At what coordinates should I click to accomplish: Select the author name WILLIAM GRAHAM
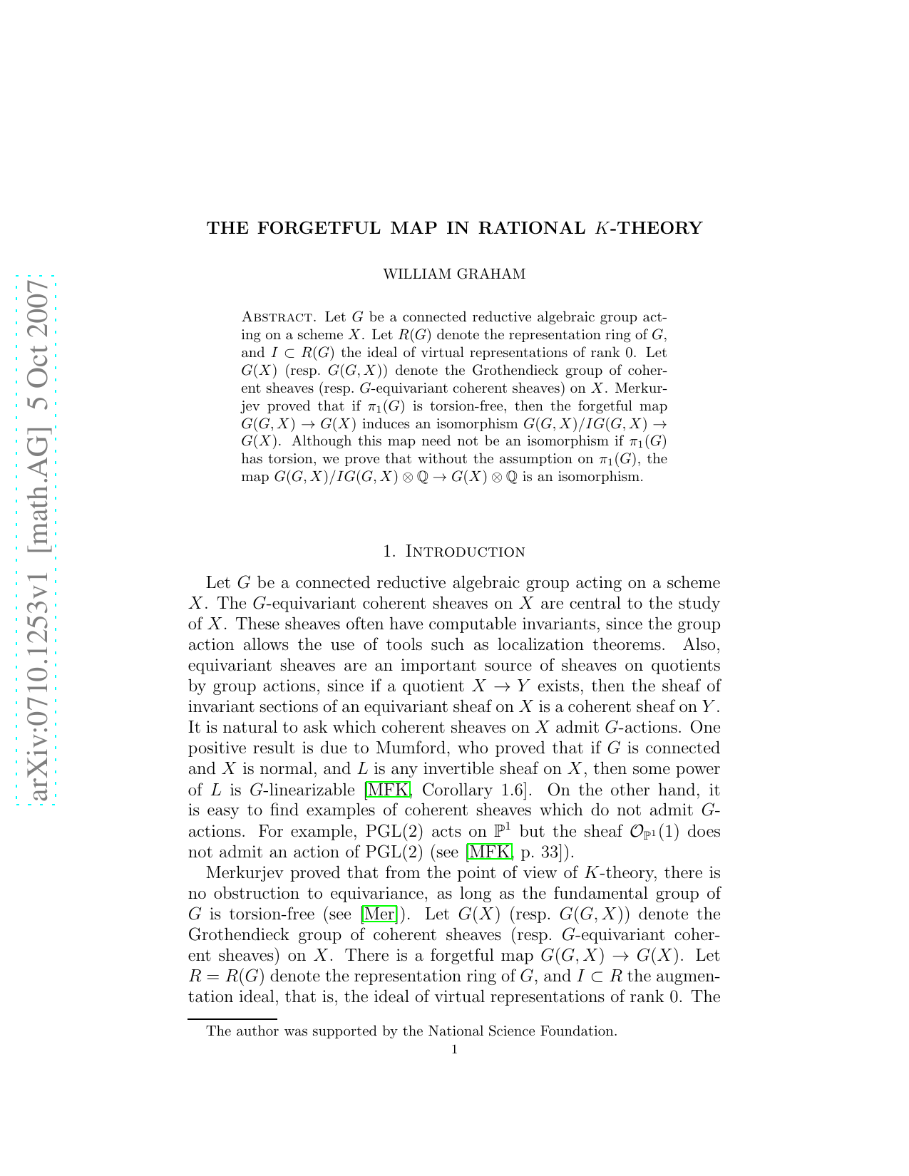(454, 274)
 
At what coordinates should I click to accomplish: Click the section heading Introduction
(465, 552)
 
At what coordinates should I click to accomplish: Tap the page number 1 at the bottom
(455, 1049)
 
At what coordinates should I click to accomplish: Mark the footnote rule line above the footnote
(232, 1020)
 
